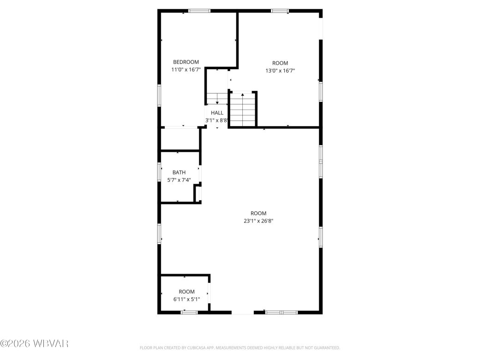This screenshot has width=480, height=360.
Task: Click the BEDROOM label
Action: point(186,62)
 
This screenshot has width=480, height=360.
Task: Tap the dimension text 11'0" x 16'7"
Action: point(186,70)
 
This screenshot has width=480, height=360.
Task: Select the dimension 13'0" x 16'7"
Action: point(280,71)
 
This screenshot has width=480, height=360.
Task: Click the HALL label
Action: point(217,113)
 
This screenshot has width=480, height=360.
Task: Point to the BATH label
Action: point(179,173)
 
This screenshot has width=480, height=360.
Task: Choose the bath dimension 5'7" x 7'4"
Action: point(179,180)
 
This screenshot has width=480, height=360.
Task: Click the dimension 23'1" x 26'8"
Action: point(258,221)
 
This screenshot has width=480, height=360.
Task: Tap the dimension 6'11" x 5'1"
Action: point(186,299)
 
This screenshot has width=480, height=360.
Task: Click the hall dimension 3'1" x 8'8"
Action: point(217,120)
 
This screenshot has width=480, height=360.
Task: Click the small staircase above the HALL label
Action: point(216,98)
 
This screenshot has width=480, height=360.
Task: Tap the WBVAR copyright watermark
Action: point(35,344)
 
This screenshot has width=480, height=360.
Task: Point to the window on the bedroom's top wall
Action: point(199,11)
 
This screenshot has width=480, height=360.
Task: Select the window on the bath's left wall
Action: point(160,172)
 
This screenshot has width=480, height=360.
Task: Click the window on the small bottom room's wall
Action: point(189,312)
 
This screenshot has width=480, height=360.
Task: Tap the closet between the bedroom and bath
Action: point(180,139)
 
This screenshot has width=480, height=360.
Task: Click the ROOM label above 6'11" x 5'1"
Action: point(186,292)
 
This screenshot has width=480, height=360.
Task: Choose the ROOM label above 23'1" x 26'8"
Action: point(258,213)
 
